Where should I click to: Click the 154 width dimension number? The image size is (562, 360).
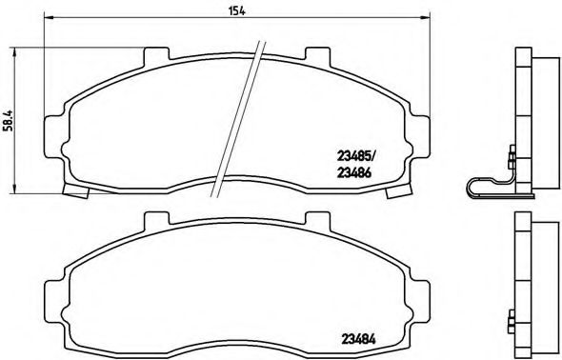(x=231, y=10)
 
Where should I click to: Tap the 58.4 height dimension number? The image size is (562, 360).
(x=10, y=122)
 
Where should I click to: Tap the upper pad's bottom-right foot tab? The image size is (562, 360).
(x=393, y=193)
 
